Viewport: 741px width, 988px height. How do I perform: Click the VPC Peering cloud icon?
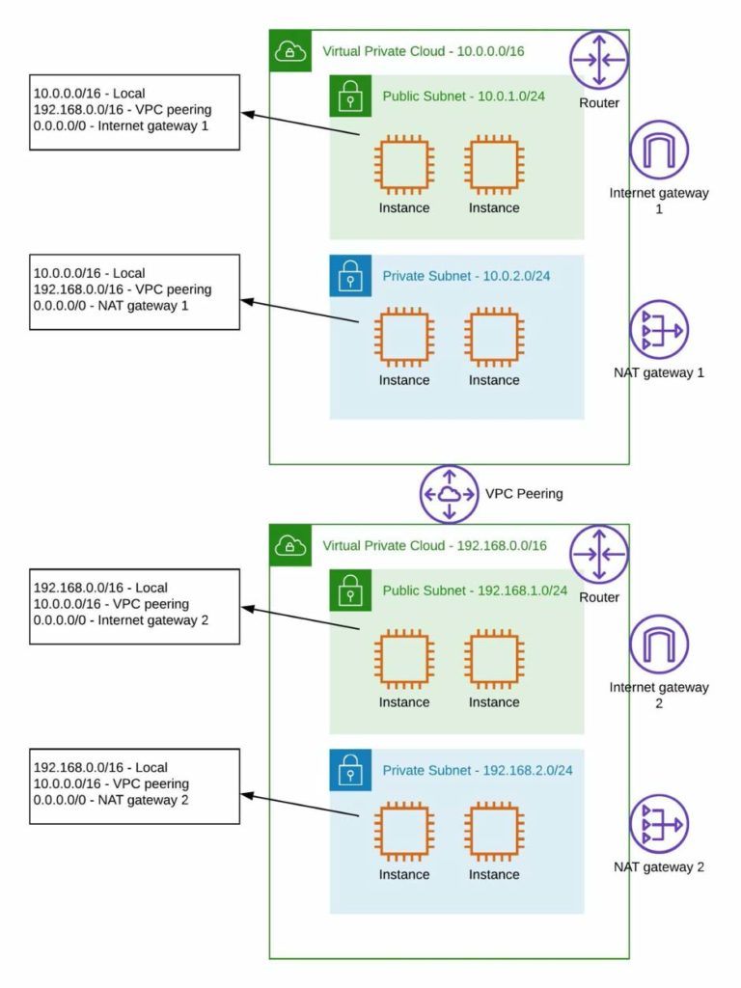(x=449, y=494)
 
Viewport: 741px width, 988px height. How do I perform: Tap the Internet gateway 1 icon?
(x=659, y=150)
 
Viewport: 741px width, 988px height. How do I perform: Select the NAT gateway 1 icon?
(x=659, y=330)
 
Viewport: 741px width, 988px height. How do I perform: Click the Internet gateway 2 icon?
(x=659, y=645)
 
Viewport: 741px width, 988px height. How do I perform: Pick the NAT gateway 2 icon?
(x=659, y=824)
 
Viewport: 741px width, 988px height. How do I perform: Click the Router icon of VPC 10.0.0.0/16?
(x=598, y=60)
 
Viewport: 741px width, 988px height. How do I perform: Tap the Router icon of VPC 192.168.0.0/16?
(x=598, y=555)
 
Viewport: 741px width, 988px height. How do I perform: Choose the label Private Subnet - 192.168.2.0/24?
(x=478, y=770)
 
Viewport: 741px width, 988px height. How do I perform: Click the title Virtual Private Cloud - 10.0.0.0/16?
(x=423, y=51)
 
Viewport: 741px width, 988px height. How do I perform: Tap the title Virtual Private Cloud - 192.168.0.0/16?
(x=434, y=546)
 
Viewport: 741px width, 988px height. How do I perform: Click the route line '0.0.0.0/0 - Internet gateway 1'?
(x=121, y=126)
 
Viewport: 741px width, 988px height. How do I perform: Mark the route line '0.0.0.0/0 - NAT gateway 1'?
(x=111, y=306)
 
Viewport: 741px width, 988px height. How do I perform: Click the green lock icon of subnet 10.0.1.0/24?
(x=349, y=96)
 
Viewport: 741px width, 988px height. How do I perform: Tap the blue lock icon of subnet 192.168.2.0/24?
(x=349, y=770)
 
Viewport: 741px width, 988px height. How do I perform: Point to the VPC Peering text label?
(x=524, y=494)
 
